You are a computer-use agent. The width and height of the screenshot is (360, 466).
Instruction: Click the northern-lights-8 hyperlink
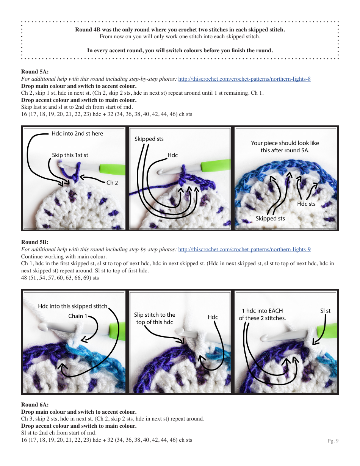244,79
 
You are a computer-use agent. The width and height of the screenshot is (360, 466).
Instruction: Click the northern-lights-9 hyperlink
244,250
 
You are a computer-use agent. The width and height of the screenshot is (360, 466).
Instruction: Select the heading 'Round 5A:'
35,72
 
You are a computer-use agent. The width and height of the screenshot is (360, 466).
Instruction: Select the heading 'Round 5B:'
35,242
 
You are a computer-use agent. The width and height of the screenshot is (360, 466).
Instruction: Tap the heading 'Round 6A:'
35,405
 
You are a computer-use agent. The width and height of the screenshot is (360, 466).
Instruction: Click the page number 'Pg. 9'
333,441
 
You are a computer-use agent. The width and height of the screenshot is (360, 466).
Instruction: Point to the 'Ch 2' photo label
112,183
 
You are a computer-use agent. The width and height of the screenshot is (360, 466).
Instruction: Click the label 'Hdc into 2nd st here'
77,133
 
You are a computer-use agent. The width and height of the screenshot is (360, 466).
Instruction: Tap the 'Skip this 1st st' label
70,155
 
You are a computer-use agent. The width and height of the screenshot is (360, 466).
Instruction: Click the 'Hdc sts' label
306,204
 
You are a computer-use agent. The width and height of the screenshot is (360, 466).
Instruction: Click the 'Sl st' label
325,311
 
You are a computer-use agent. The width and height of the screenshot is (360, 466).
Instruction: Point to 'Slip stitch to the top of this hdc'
155,318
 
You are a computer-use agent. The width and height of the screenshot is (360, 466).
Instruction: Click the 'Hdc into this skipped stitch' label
72,306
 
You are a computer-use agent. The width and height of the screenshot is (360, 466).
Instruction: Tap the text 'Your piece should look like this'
285,147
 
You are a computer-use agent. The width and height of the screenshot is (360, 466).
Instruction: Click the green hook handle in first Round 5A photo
112,169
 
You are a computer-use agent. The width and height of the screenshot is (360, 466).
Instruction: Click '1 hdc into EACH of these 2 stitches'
262,314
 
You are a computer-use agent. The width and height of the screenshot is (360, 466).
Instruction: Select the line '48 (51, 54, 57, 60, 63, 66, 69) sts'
60,278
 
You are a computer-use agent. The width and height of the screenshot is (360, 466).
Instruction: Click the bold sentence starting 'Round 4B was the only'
180,30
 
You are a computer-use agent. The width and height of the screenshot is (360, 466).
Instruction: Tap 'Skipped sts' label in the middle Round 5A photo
149,139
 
